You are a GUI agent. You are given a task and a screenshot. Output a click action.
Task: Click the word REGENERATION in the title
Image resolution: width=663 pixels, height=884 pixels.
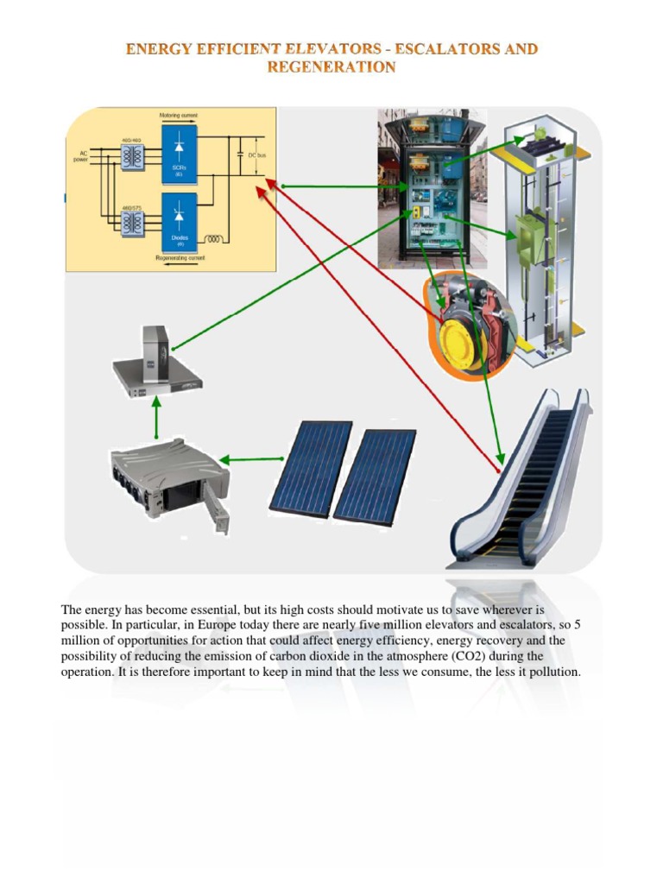coord(331,66)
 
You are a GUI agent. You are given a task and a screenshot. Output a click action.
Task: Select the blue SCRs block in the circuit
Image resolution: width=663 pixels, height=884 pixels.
coord(180,153)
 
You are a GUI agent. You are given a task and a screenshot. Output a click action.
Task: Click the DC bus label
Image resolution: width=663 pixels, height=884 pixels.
coord(257,155)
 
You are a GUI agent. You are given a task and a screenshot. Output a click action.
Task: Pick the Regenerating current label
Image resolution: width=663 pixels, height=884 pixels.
coord(180,258)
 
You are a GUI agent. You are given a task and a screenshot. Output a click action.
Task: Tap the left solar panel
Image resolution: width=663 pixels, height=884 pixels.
coord(311,467)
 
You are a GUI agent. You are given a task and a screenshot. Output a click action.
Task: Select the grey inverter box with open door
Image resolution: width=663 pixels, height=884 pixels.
coord(168,480)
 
